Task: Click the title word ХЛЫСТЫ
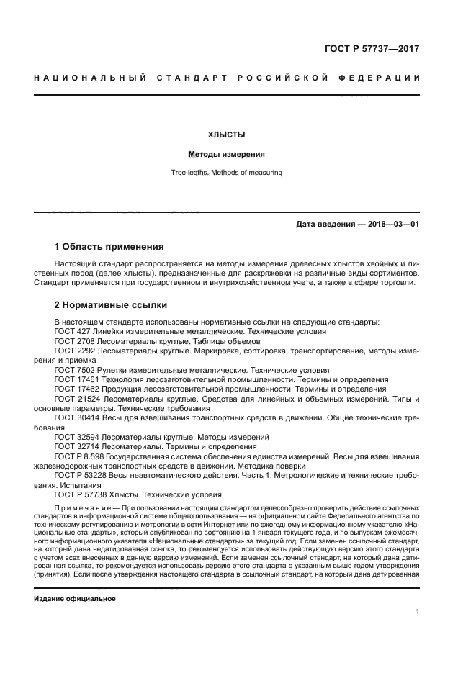[226, 135]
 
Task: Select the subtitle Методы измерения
[226, 154]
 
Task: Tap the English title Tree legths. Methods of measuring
[226, 173]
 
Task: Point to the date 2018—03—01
[389, 224]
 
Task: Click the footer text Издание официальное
[75, 598]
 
